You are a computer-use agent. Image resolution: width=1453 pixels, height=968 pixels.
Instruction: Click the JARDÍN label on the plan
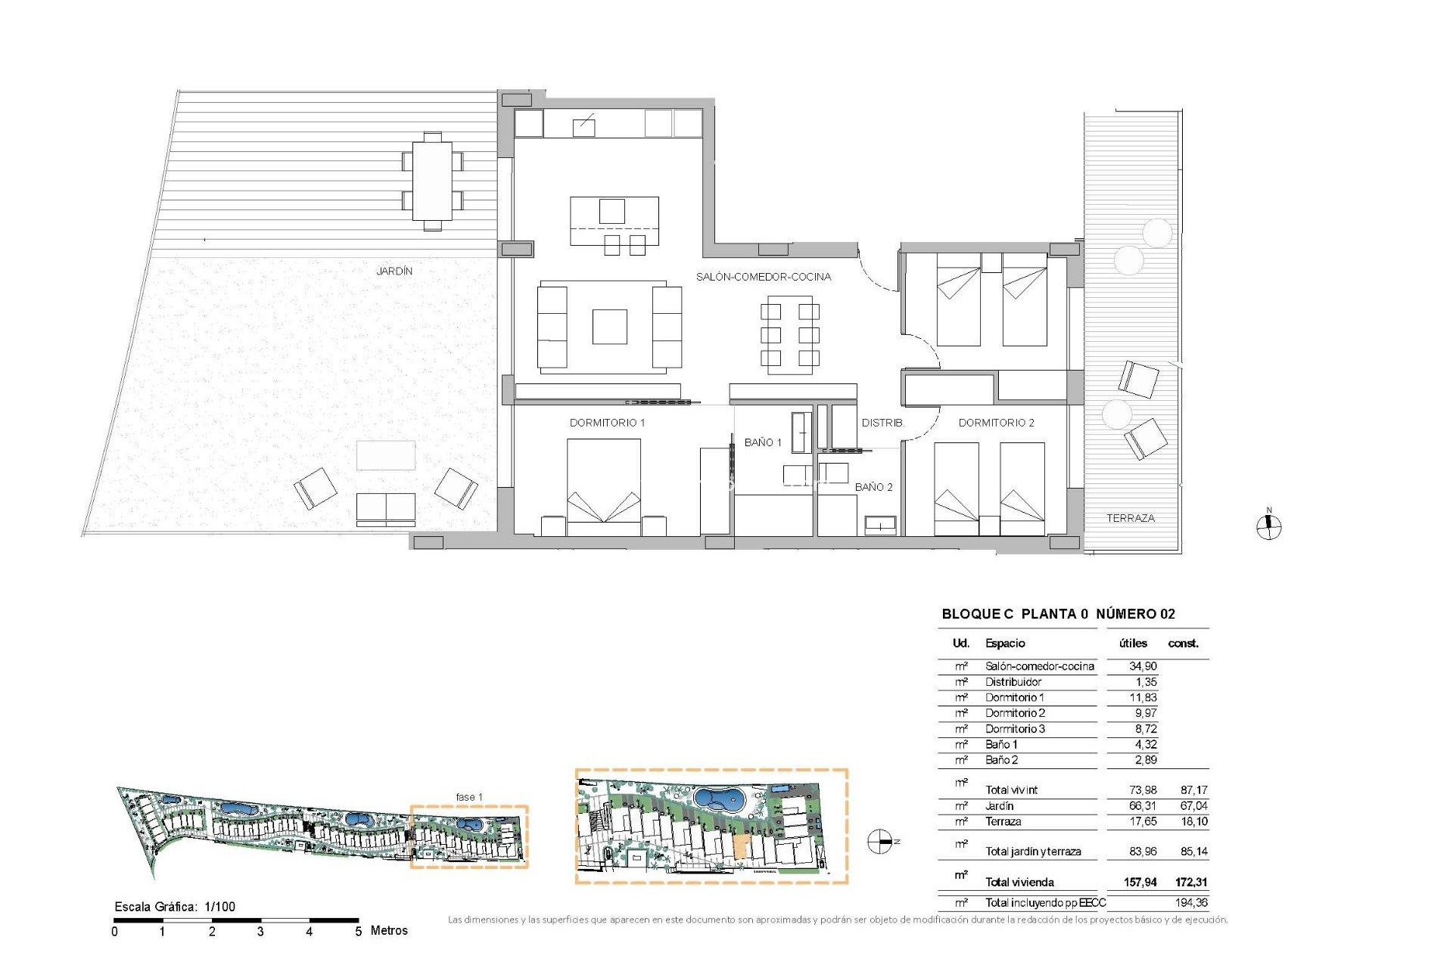[x=394, y=271]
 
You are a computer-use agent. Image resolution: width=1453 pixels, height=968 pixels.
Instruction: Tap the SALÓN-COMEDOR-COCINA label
[x=763, y=277]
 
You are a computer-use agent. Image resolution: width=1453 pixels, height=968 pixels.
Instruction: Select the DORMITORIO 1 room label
[x=607, y=423]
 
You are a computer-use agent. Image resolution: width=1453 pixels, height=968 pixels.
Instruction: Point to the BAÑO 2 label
[x=873, y=487]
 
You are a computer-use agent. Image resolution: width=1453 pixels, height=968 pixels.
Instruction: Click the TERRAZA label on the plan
[x=1130, y=518]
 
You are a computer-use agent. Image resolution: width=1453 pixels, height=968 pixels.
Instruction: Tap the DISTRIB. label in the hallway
[x=882, y=423]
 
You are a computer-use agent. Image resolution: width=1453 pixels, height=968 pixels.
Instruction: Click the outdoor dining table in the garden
[x=432, y=181]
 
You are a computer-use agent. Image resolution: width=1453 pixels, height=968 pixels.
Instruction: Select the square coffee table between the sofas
[x=609, y=327]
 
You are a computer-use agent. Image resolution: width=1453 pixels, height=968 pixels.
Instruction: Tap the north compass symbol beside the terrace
[x=1269, y=527]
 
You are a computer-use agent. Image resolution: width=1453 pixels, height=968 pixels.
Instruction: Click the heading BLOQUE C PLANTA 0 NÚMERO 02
[x=1057, y=614]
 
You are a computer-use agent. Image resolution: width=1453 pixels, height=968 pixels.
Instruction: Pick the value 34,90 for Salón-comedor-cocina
[x=1142, y=666]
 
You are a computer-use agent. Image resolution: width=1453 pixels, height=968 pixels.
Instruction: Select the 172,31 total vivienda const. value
[x=1190, y=882]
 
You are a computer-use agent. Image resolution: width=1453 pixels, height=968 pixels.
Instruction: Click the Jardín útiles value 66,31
[x=1142, y=806]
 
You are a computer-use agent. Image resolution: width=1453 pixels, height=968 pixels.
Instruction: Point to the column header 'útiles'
[x=1133, y=644]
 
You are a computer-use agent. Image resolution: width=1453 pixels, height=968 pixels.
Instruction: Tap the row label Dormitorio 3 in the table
[x=1014, y=729]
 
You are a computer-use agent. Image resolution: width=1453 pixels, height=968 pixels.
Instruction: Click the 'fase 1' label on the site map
[x=468, y=797]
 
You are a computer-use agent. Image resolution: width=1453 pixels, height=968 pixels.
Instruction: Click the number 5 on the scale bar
[x=359, y=932]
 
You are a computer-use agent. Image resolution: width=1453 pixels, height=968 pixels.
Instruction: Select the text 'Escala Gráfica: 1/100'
[x=175, y=907]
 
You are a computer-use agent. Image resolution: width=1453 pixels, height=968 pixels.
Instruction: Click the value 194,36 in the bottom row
[x=1191, y=902]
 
